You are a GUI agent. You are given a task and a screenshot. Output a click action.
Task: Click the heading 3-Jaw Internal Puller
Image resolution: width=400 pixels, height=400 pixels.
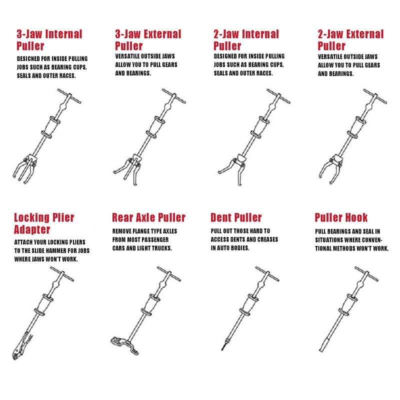[48, 40]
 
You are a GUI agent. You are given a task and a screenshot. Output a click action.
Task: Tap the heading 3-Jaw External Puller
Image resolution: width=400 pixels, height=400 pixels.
[147, 40]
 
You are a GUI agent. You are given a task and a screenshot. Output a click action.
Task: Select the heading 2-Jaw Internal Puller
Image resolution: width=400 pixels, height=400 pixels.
[246, 40]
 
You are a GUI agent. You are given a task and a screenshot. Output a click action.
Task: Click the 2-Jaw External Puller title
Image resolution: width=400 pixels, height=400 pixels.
[350, 40]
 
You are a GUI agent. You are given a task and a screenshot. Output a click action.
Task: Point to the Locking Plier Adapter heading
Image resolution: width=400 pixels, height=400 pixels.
[44, 223]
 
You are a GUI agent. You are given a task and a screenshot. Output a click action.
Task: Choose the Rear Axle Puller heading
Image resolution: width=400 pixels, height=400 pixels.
[148, 218]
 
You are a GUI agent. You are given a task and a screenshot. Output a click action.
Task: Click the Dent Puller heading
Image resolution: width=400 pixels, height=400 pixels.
[236, 218]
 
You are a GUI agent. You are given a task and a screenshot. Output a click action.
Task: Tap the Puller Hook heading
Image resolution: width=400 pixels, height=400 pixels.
[341, 218]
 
